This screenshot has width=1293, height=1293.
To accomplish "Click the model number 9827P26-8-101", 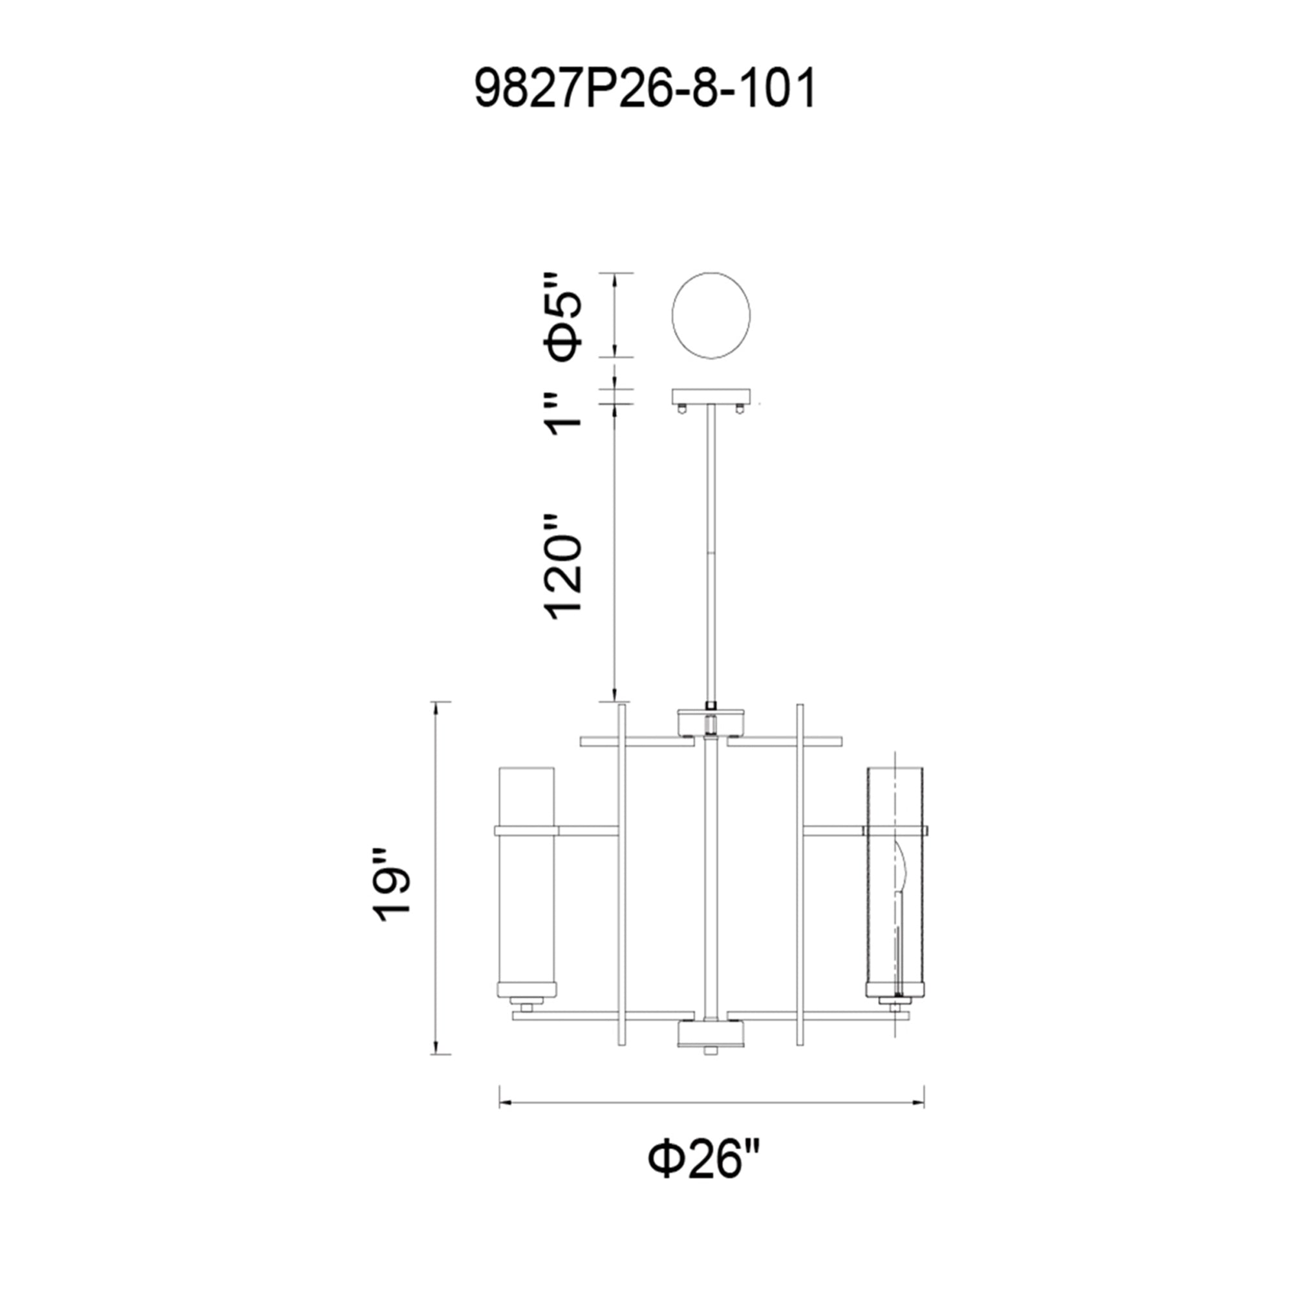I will coord(645,90).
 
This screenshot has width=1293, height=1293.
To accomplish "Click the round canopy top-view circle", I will coord(711,315).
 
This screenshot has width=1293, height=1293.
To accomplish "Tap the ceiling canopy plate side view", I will coord(711,397).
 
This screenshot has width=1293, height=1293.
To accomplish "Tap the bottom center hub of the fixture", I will coord(711,1052).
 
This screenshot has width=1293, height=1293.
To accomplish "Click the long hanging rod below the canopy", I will coord(711,555).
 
